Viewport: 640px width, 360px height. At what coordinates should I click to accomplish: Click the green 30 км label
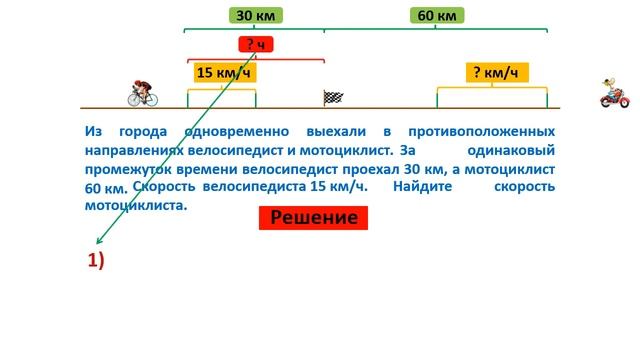click(254, 16)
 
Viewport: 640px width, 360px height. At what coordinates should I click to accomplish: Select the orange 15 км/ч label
click(221, 72)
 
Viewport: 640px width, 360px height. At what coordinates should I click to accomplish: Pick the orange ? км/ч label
click(495, 72)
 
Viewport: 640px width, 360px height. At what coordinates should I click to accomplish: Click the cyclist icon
click(143, 92)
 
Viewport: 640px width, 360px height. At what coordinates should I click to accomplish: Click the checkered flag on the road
click(333, 97)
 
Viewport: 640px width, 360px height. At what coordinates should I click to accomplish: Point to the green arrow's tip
click(92, 245)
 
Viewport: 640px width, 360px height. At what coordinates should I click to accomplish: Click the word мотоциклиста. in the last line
click(136, 205)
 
